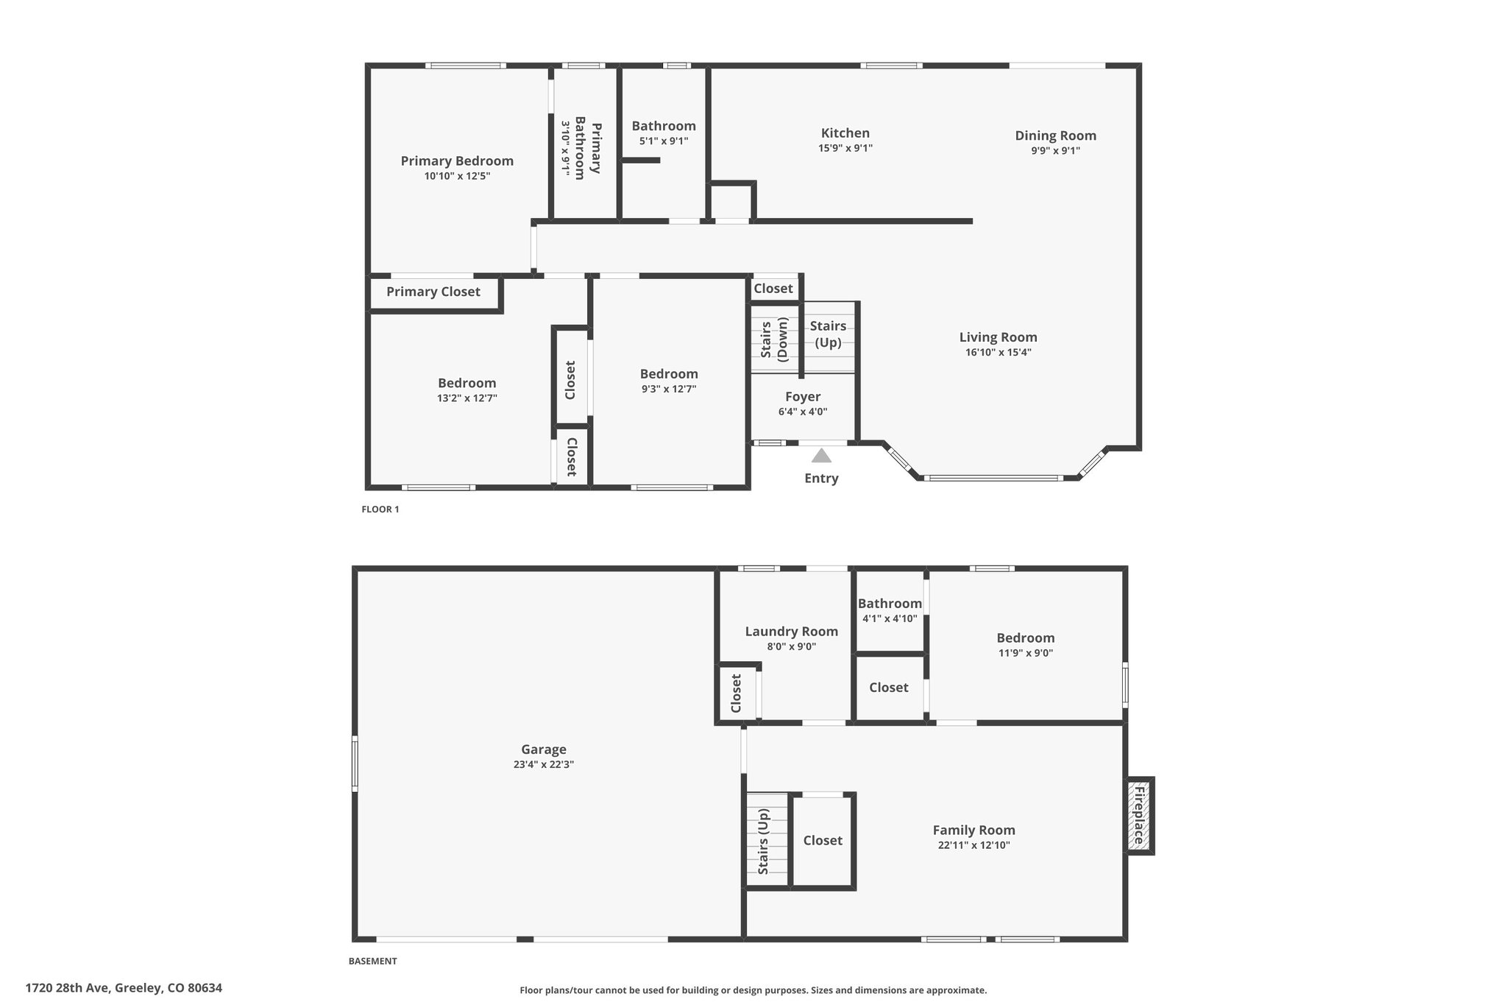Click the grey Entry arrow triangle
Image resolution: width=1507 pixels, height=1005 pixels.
click(821, 455)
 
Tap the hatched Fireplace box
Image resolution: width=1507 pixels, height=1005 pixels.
click(1139, 816)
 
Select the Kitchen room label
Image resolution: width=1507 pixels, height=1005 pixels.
click(845, 133)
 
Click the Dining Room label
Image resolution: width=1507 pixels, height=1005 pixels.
click(1055, 135)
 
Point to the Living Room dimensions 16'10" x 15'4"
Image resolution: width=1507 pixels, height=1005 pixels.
click(998, 352)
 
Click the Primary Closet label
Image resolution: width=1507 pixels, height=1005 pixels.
click(433, 292)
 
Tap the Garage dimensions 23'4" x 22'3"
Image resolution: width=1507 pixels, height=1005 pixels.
click(544, 764)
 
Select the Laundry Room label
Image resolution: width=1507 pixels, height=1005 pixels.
click(791, 632)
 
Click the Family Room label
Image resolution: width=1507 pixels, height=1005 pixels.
click(974, 831)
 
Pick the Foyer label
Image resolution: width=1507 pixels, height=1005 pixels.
click(803, 397)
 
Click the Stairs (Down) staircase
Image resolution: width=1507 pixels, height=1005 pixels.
click(775, 339)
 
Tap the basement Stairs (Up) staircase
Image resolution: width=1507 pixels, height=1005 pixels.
click(767, 840)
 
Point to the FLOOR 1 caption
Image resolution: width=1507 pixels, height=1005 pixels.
click(380, 509)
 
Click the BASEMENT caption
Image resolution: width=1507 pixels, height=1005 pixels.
click(372, 961)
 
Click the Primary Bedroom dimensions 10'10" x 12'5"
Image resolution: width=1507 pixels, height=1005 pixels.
click(457, 176)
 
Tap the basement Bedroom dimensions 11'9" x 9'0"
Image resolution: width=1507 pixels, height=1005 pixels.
click(1025, 652)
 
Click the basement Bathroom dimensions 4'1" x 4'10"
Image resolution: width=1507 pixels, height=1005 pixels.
click(890, 618)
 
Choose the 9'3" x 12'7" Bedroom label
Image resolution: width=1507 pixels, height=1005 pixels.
click(669, 374)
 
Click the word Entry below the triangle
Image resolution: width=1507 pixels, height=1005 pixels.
click(821, 479)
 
